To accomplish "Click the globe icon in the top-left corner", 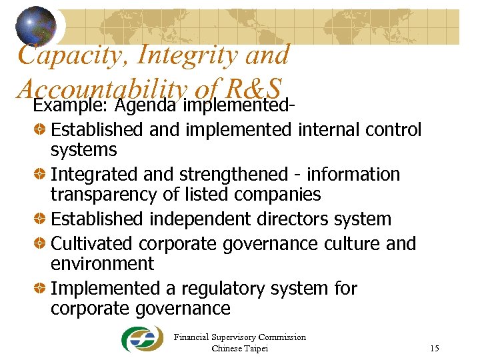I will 37,26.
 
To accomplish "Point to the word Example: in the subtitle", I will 71,105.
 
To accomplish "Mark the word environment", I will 102,264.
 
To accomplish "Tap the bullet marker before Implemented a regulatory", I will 39,289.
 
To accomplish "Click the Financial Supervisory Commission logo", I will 141,339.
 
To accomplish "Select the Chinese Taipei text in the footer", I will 239,348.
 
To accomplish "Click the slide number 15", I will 435,348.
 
